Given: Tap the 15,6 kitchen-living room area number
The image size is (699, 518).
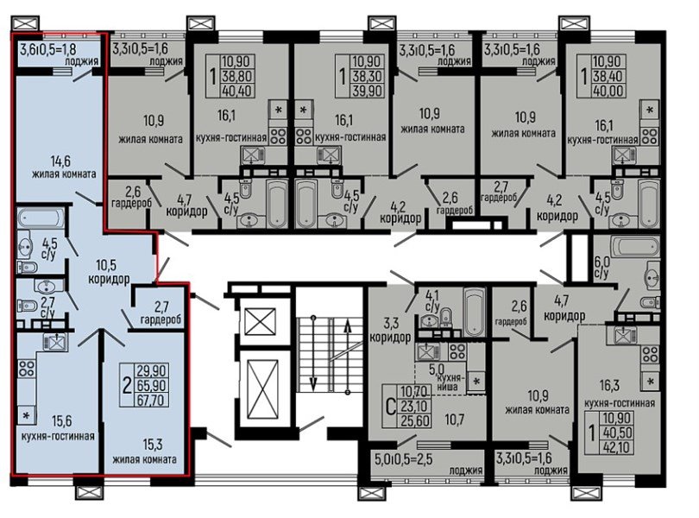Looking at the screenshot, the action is pyautogui.click(x=61, y=420).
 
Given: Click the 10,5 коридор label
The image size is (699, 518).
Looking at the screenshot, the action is pyautogui.click(x=109, y=272).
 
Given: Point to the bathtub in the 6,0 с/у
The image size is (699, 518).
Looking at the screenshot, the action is pyautogui.click(x=635, y=247).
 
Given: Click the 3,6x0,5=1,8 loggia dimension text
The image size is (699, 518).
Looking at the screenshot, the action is pyautogui.click(x=47, y=48).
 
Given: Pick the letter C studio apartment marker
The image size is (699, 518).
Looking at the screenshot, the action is pyautogui.click(x=391, y=407).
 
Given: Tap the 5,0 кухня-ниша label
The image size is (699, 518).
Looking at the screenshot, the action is pyautogui.click(x=447, y=377).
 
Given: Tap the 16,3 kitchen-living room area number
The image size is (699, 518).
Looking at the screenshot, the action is pyautogui.click(x=609, y=385).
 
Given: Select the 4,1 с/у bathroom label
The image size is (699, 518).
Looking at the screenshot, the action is pyautogui.click(x=432, y=300).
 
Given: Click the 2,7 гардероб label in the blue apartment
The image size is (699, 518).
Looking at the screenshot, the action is pyautogui.click(x=161, y=313).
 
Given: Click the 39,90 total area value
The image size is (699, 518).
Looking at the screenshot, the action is pyautogui.click(x=367, y=91).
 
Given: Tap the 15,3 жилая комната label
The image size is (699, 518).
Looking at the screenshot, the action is pyautogui.click(x=144, y=451).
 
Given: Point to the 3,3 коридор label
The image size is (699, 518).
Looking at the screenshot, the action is pyautogui.click(x=390, y=330).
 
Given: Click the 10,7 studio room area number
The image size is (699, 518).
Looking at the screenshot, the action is pyautogui.click(x=455, y=420).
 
